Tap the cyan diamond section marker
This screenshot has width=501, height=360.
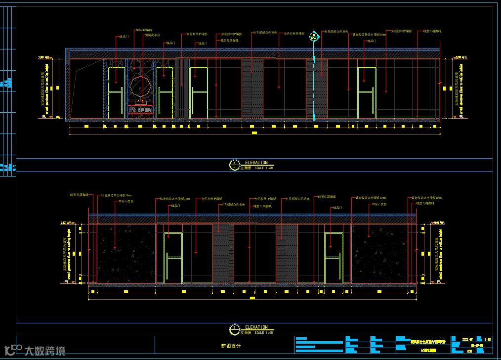(x=313, y=37)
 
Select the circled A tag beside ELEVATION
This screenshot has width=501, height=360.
(x=234, y=165)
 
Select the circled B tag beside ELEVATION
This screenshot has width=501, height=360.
(x=234, y=330)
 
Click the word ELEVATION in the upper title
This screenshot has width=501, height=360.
(x=256, y=163)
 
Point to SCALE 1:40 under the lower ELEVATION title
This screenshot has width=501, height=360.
(x=263, y=333)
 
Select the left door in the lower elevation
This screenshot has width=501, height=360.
(x=173, y=258)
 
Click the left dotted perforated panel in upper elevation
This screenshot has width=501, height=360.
(x=252, y=89)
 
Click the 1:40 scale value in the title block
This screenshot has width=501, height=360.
(x=488, y=339)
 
